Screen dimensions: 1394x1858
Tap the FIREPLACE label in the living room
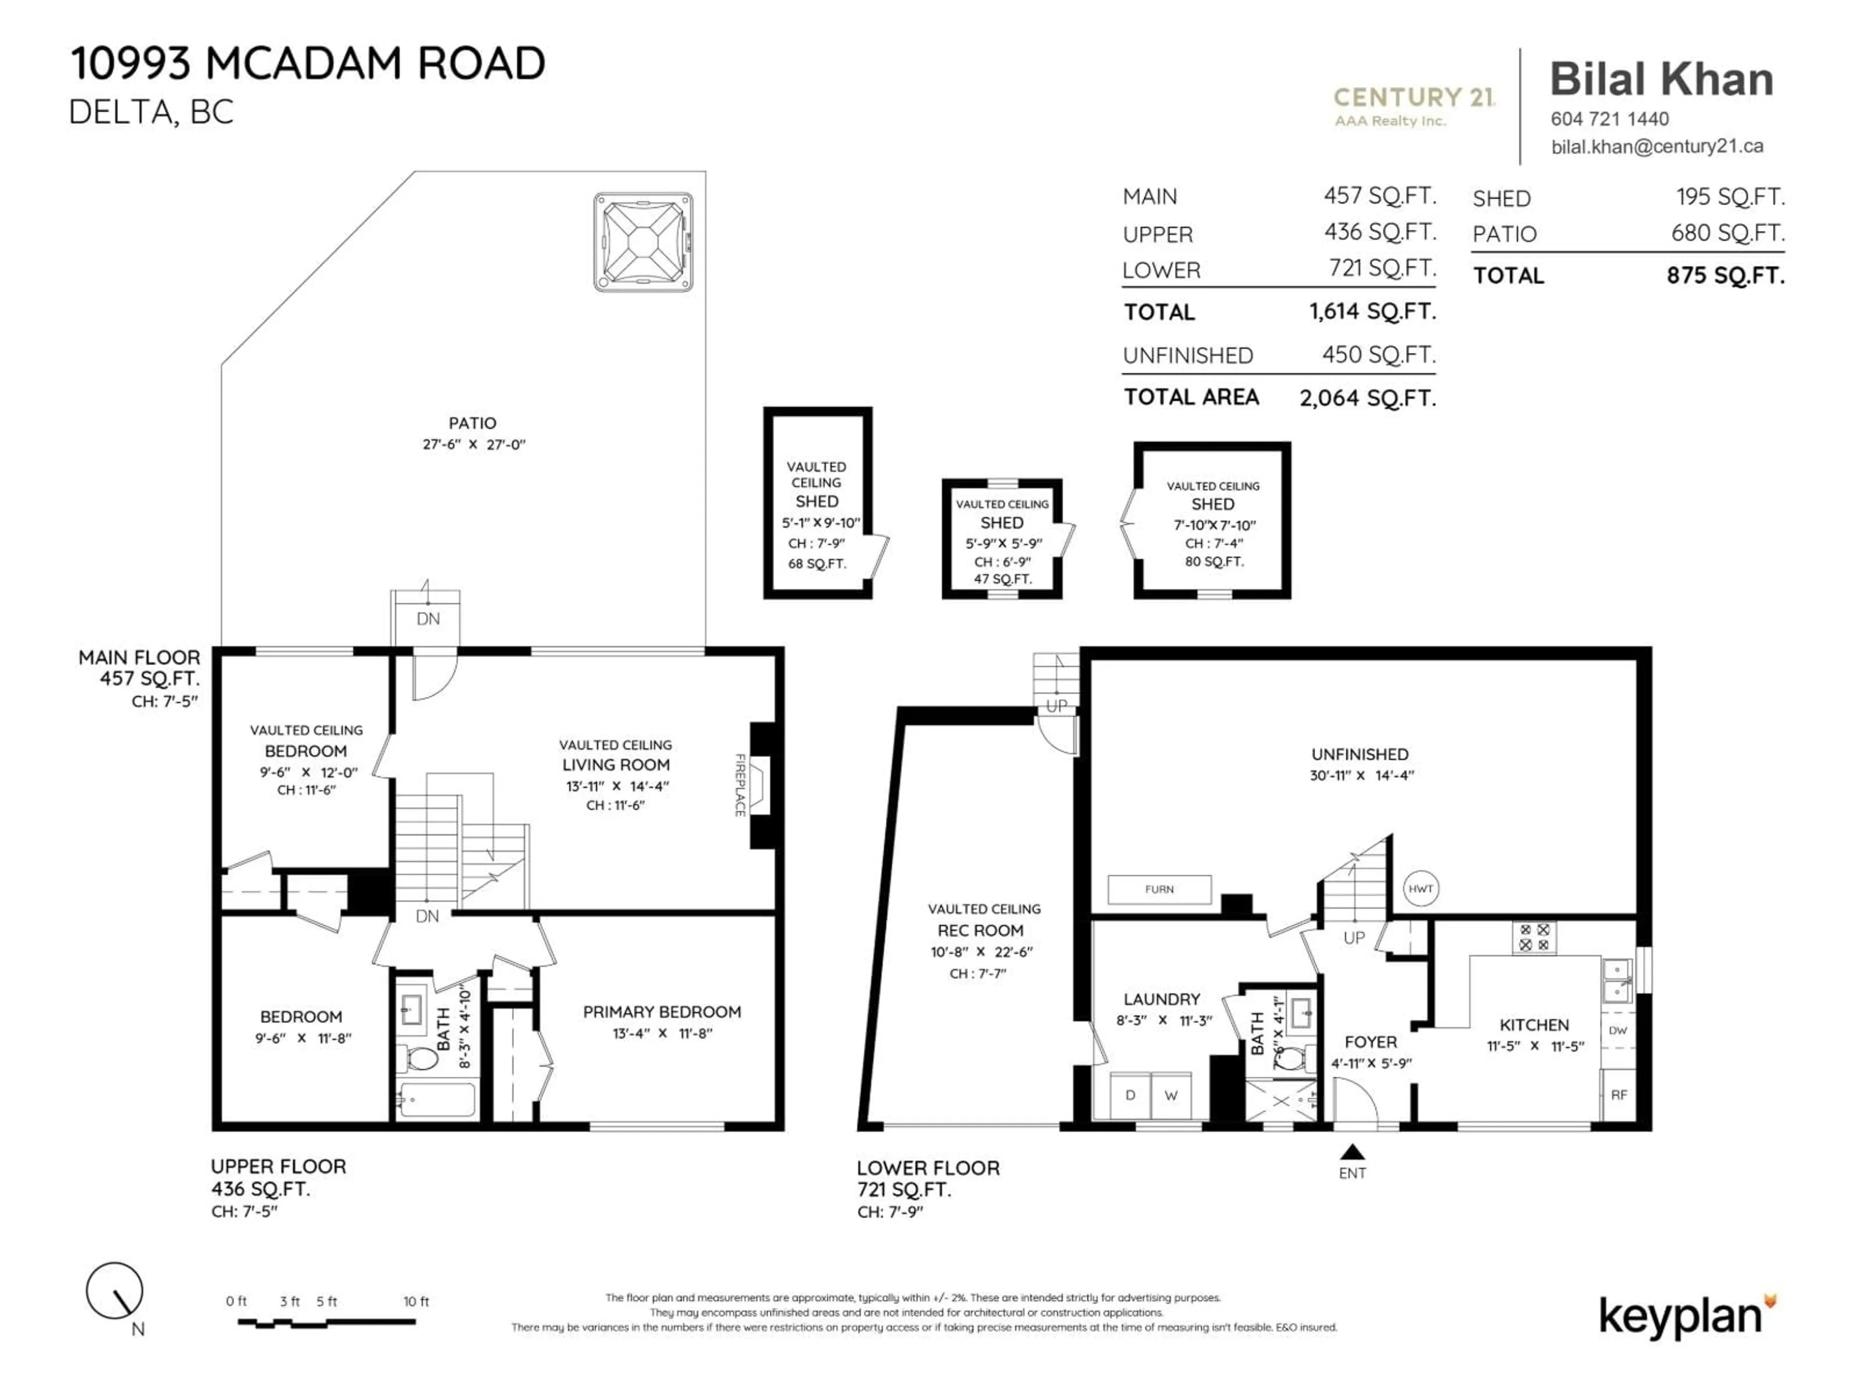[740, 785]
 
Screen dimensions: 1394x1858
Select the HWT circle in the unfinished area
[1421, 889]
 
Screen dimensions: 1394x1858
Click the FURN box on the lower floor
[1159, 889]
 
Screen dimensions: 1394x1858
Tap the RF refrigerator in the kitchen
[1618, 1095]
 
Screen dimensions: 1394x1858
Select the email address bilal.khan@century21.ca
[1656, 146]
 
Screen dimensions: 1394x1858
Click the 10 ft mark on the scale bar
[416, 1302]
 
